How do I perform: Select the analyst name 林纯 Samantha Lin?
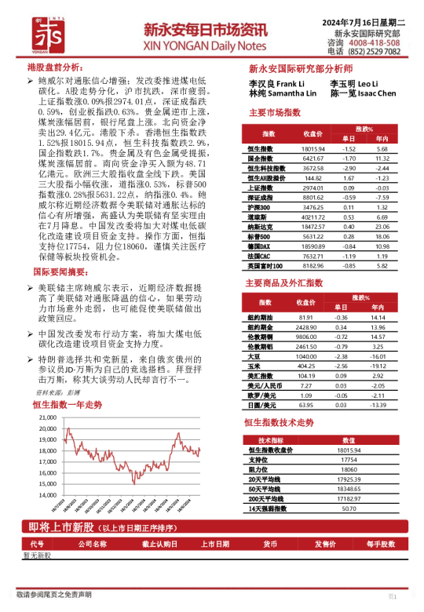tap(283, 93)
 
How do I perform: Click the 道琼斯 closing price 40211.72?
tap(313, 217)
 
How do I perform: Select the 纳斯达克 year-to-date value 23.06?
tap(382, 227)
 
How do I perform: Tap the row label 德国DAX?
tap(260, 246)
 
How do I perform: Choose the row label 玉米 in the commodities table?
tap(254, 366)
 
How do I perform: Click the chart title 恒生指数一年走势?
tap(68, 405)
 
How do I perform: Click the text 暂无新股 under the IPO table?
tap(37, 555)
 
